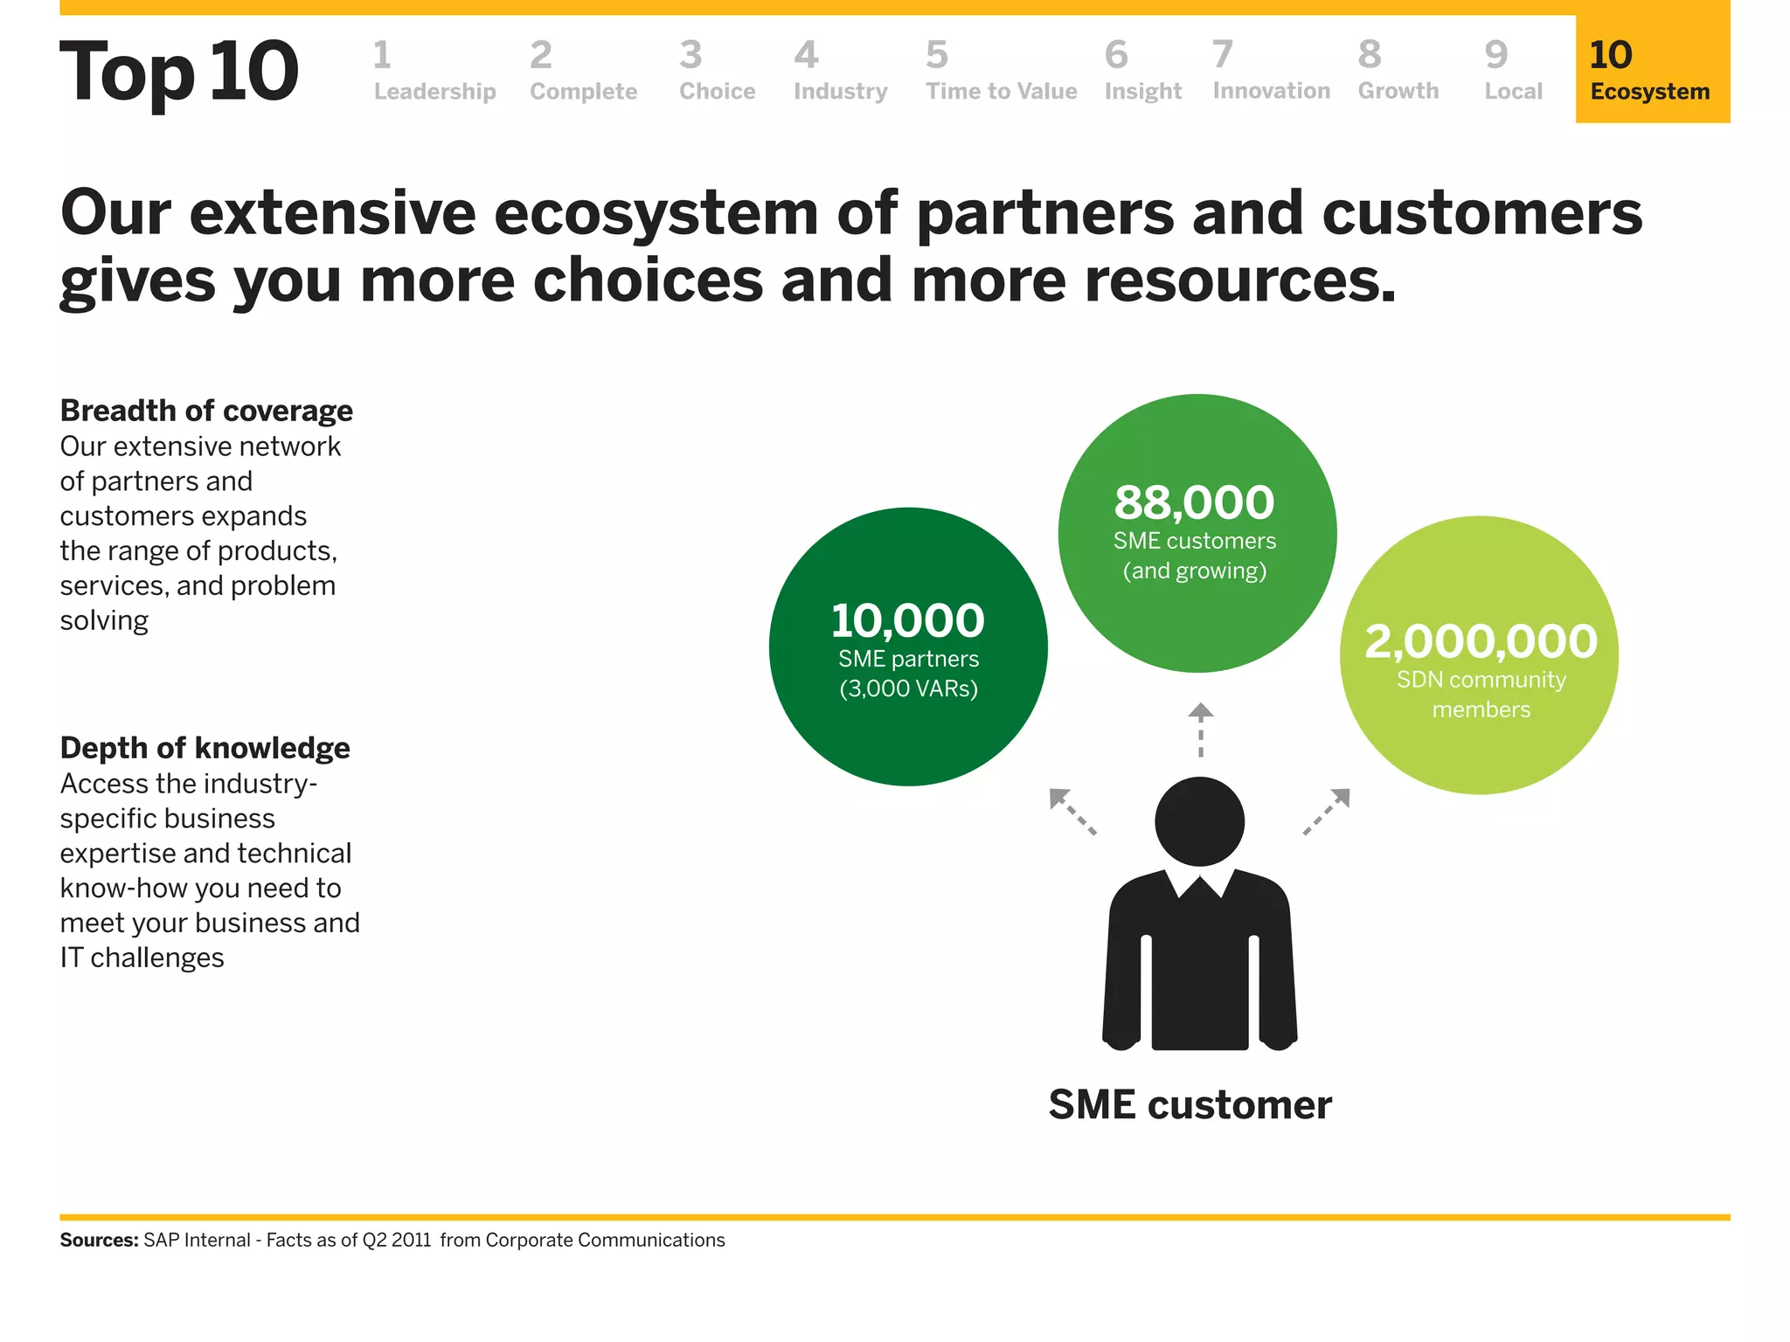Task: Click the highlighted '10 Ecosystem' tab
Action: point(1651,70)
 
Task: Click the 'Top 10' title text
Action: point(179,72)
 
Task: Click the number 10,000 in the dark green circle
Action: point(907,620)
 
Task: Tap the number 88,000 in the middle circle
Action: point(1194,502)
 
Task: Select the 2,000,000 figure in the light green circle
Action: point(1481,640)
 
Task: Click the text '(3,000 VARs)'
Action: point(908,688)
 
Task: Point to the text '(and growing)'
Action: point(1194,571)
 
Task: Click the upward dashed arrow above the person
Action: point(1200,729)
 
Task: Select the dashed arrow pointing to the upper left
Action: point(1072,812)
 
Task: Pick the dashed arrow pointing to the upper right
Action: point(1327,812)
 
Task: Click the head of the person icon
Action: point(1199,821)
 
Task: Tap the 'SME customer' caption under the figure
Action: point(1190,1104)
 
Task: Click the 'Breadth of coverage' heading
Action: point(206,411)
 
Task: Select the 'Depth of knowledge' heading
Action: point(205,748)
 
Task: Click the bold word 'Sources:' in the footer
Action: point(99,1240)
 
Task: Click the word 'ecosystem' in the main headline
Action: point(657,215)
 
